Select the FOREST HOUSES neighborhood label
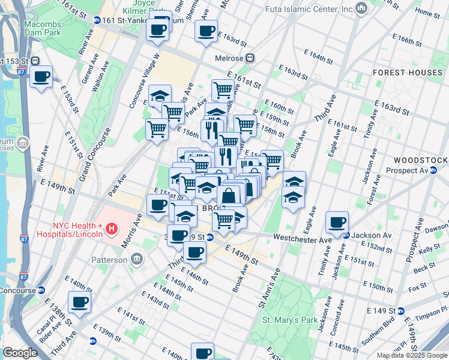(407, 73)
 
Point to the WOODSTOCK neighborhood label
(420, 161)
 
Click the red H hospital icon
(111, 229)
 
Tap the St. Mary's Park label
(291, 320)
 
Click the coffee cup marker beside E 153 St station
(41, 77)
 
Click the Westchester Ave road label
(303, 239)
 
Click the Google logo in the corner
(20, 353)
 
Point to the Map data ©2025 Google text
(412, 355)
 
